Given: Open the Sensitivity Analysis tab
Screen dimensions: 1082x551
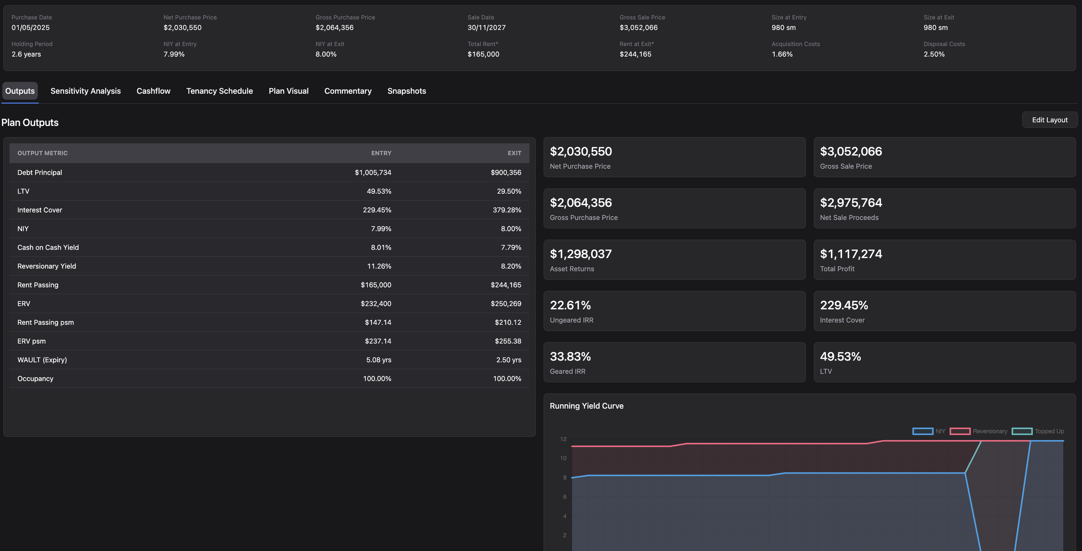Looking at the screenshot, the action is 85,91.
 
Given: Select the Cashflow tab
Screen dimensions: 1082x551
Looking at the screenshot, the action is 153,91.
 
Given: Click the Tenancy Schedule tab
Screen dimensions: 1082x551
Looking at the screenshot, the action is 219,91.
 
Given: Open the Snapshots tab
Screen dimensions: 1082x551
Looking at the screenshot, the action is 406,91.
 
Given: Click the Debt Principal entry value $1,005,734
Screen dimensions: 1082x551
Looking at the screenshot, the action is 373,172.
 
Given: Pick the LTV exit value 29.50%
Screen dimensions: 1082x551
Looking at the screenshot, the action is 509,191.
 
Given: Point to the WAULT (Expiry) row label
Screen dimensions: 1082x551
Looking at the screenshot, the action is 42,360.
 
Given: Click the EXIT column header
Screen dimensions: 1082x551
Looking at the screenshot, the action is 514,153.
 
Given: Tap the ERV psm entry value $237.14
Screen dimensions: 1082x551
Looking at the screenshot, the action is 378,341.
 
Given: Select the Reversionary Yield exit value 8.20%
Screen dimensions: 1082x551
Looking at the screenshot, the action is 511,266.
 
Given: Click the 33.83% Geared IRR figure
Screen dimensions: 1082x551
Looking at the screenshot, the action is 570,356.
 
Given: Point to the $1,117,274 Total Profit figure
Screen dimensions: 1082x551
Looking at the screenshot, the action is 851,254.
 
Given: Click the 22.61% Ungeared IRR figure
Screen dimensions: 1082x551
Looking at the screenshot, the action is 570,305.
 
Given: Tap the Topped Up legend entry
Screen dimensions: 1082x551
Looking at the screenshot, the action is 1037,431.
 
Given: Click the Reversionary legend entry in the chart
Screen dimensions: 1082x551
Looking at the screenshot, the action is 978,431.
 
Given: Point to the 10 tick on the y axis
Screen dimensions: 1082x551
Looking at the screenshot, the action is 563,458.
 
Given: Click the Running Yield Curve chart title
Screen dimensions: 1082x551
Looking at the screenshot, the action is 586,406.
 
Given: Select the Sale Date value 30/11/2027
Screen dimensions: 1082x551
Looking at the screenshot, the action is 486,28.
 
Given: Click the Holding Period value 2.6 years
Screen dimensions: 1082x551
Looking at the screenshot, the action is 26,54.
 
